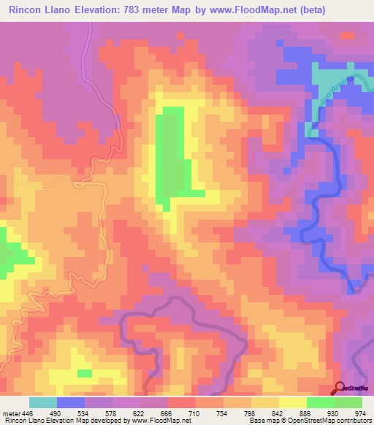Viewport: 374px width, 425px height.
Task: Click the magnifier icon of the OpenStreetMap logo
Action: pyautogui.click(x=339, y=388)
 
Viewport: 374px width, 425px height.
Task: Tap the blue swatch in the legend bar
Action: pyautogui.click(x=70, y=402)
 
